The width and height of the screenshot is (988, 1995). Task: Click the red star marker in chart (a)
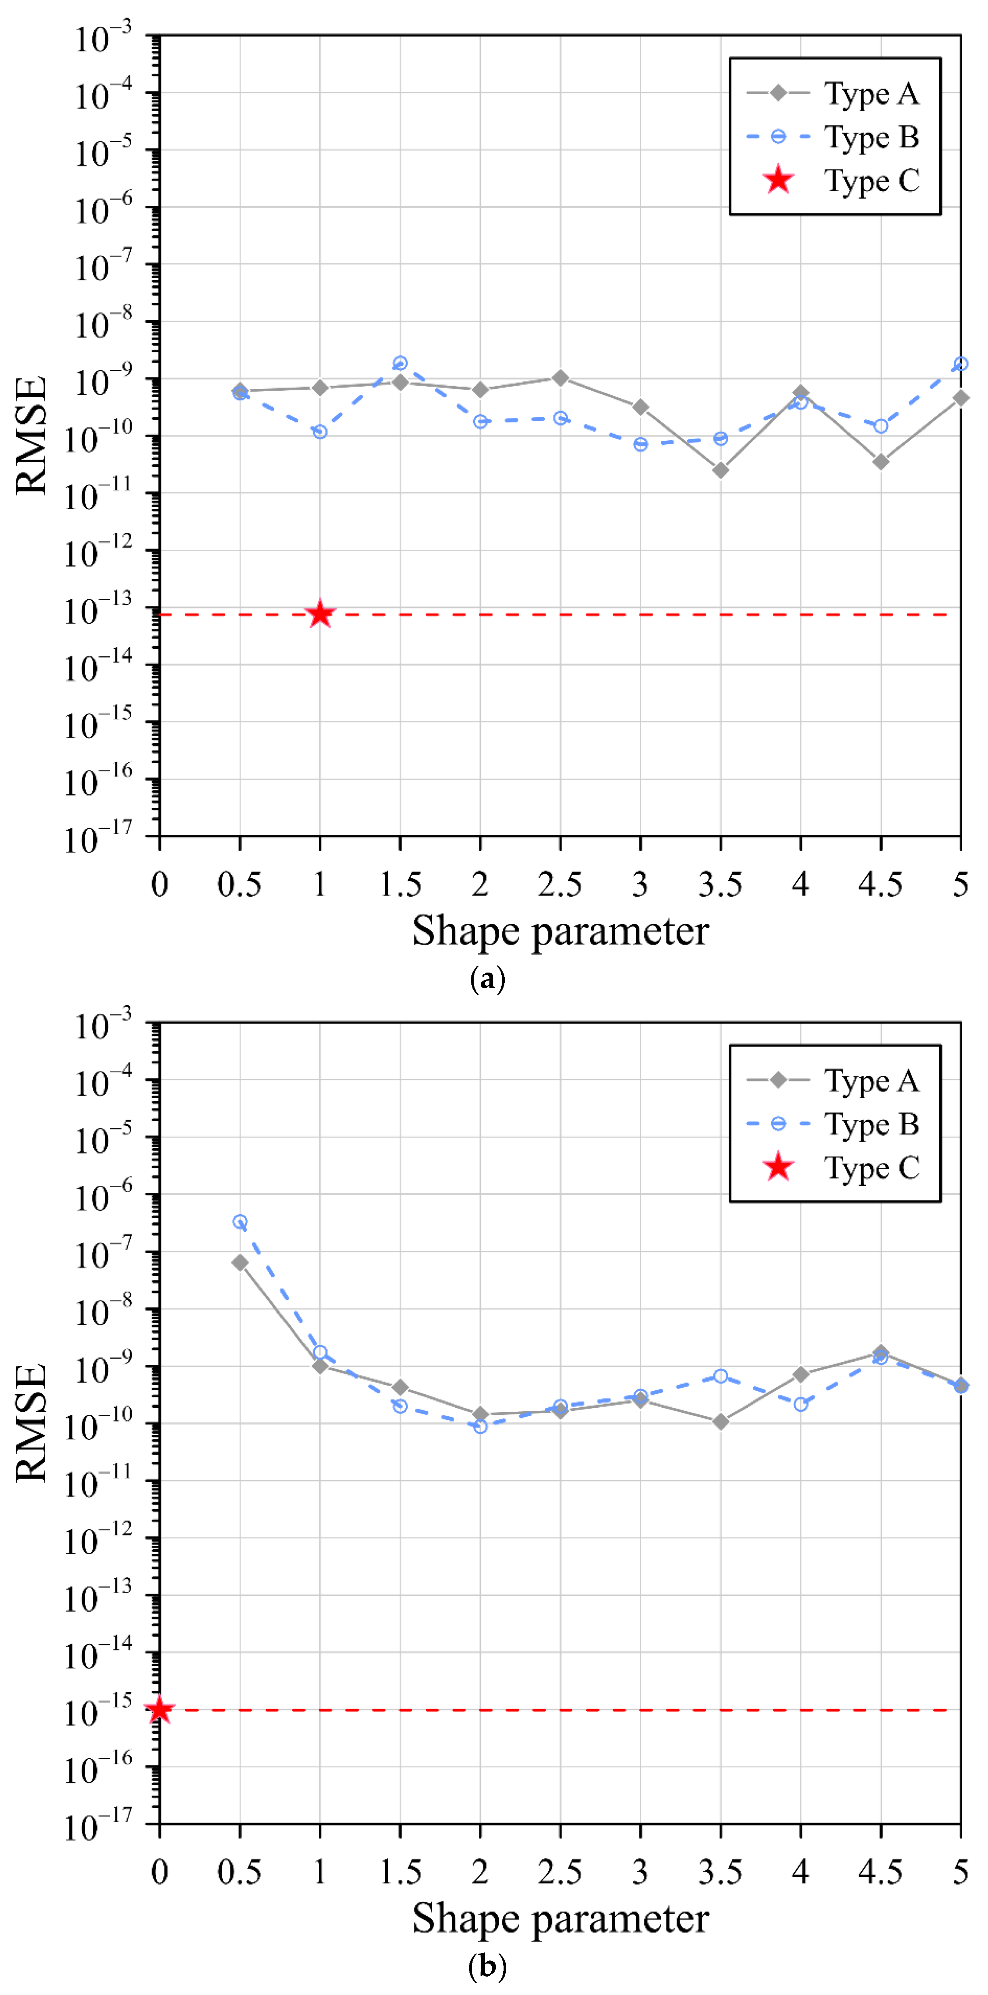(320, 614)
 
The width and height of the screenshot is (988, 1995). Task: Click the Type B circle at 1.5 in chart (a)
(400, 363)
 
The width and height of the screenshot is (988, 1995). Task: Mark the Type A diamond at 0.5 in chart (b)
(240, 1262)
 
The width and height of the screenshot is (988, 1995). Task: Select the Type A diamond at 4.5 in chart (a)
(880, 462)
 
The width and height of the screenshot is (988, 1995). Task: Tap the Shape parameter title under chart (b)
(560, 1918)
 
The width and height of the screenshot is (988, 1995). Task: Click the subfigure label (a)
(487, 979)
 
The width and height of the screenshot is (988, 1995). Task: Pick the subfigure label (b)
(487, 1966)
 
